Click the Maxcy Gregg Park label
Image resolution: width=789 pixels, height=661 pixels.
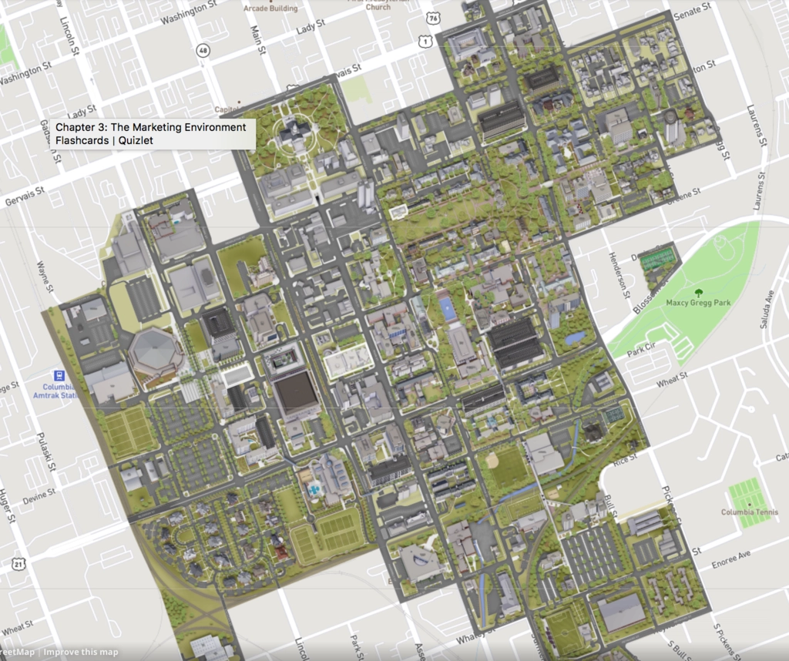click(x=698, y=303)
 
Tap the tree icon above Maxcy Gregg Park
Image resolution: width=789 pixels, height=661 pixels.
click(x=698, y=292)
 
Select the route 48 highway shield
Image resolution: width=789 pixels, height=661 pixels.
click(x=203, y=51)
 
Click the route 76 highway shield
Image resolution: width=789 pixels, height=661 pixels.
click(x=435, y=17)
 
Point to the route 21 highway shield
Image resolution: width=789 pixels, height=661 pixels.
click(x=18, y=565)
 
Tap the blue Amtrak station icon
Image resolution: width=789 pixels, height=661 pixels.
click(x=59, y=375)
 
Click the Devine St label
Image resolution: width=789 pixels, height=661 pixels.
click(x=39, y=500)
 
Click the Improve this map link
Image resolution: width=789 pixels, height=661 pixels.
click(x=80, y=653)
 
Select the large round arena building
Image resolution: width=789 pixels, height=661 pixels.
click(x=156, y=353)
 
